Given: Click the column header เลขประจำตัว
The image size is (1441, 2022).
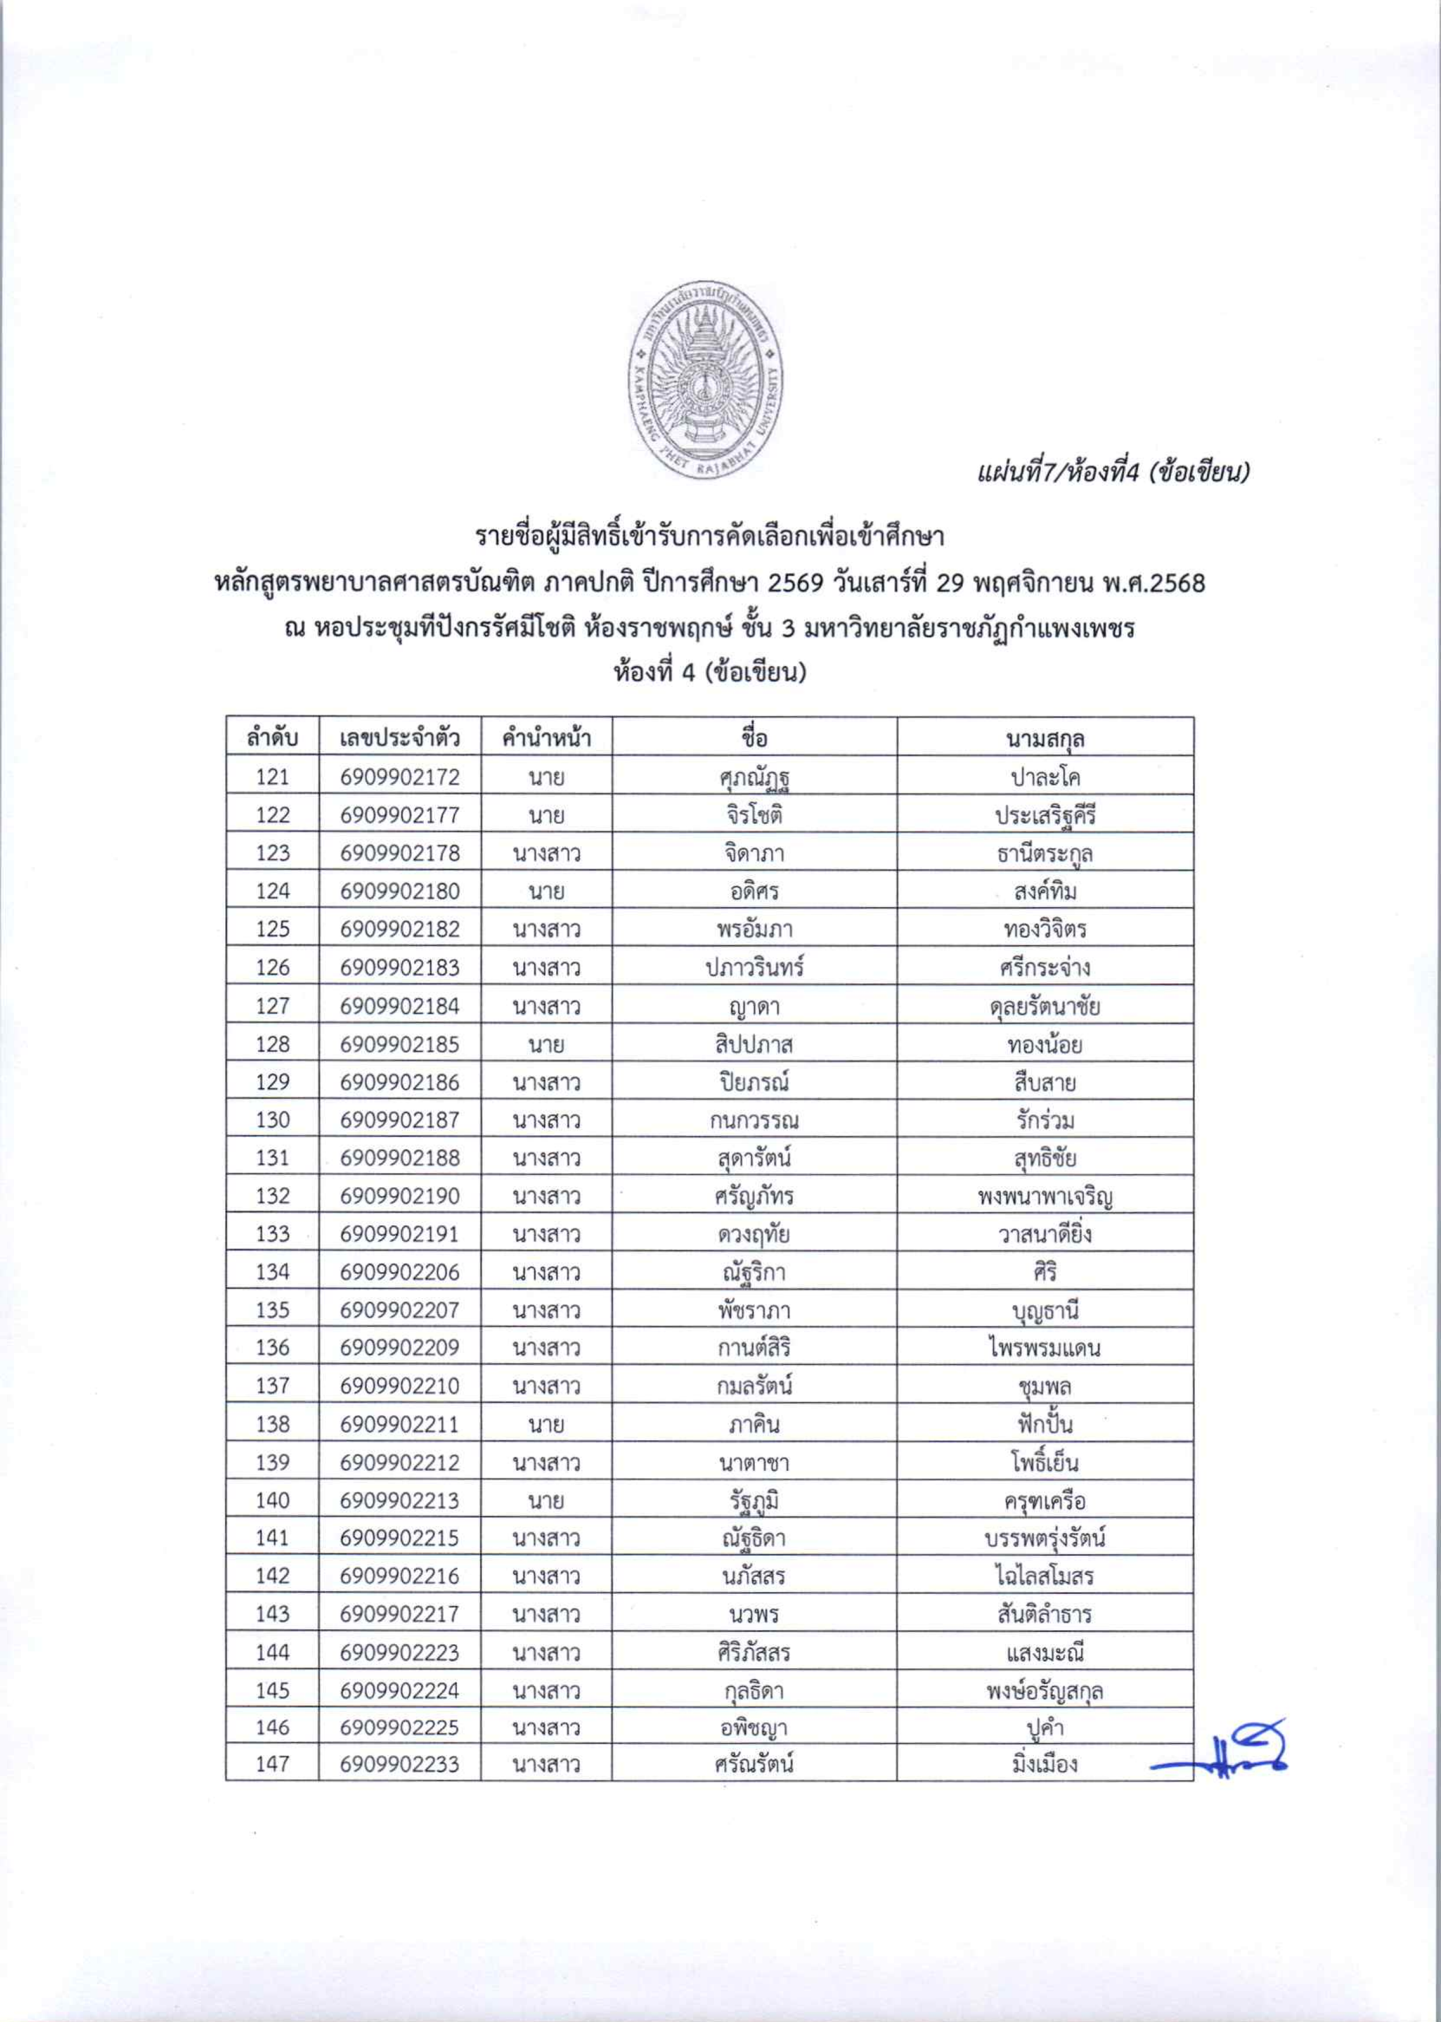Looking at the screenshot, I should (x=399, y=738).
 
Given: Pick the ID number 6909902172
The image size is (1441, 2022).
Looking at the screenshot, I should (x=399, y=776).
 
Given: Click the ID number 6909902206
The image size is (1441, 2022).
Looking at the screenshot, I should (x=399, y=1272).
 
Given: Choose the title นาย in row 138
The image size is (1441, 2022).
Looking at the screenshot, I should (x=546, y=1423).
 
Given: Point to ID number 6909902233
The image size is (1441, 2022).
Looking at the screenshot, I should (x=399, y=1764).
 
